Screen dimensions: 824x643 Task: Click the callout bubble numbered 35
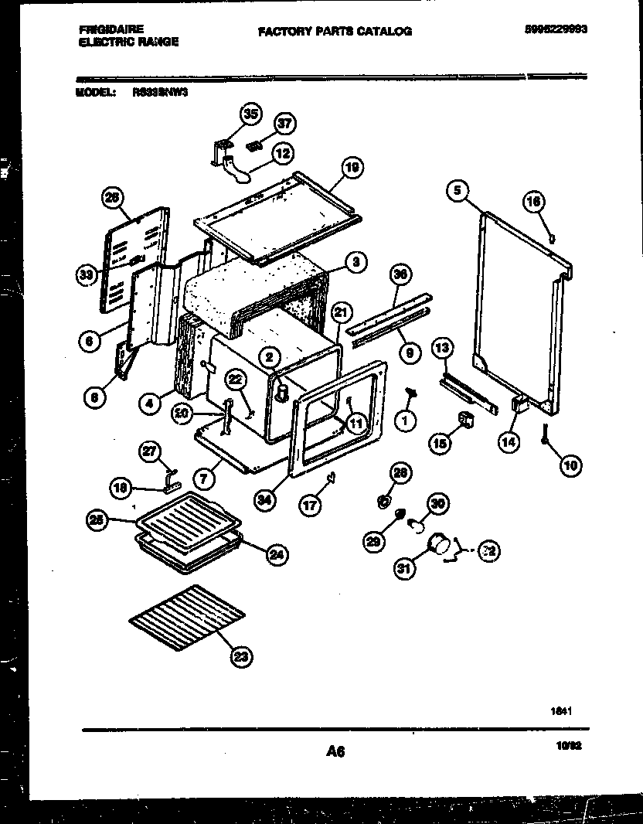249,114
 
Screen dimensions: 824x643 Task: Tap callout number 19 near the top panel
352,168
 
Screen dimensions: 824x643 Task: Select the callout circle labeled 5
458,189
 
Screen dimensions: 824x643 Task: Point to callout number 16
535,203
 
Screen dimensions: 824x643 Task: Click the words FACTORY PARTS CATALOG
335,32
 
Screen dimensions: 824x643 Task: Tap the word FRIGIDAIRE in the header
111,29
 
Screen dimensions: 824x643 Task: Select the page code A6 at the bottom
335,751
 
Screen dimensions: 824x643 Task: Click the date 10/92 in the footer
567,747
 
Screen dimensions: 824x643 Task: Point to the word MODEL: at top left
96,91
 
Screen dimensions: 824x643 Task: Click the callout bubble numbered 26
113,199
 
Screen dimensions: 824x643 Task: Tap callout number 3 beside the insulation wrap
354,262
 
